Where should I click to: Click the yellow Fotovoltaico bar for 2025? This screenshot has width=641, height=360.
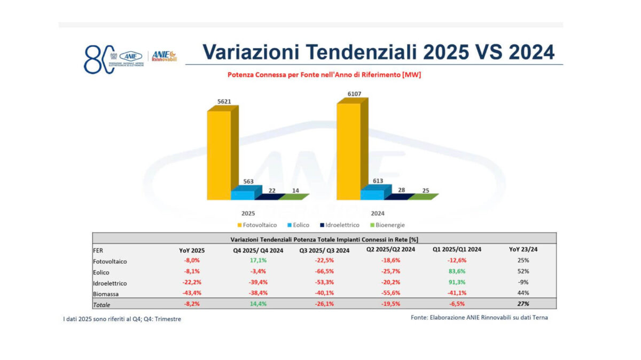pos(219,155)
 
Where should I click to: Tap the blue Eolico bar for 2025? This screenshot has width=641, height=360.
pos(243,194)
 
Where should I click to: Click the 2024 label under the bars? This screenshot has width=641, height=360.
pos(378,213)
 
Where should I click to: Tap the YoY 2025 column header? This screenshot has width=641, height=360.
pos(192,250)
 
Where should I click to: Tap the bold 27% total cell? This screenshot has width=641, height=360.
pos(523,304)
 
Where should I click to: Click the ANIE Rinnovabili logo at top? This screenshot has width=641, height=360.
pos(164,56)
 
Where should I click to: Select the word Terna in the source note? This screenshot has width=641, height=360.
pos(538,317)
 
